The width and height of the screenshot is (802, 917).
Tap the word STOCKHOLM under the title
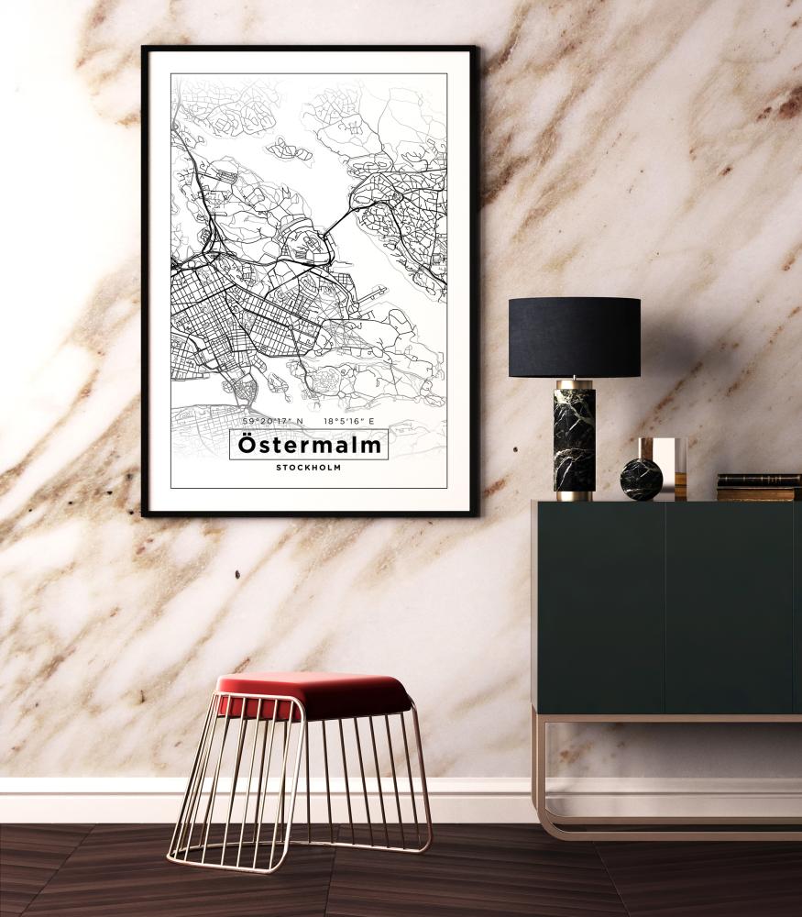(x=308, y=468)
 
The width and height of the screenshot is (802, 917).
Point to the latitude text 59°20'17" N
(x=272, y=421)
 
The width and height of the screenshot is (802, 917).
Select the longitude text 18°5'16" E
(x=349, y=421)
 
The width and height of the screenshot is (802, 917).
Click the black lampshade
(x=575, y=337)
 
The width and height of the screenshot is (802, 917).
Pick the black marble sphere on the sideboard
(x=641, y=480)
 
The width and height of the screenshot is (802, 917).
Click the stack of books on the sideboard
(x=758, y=487)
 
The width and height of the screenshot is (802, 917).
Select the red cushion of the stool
(x=314, y=693)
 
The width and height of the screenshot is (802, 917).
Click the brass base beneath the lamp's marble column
(x=574, y=496)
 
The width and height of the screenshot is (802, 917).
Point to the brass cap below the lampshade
(x=575, y=381)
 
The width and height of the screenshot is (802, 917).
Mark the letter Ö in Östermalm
(x=247, y=444)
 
